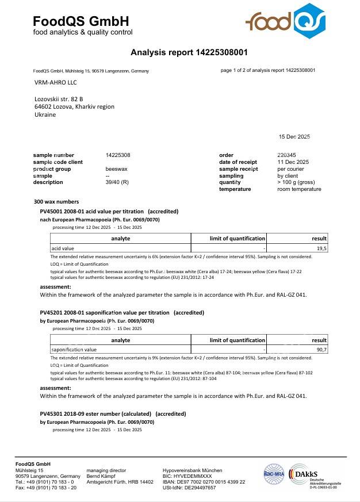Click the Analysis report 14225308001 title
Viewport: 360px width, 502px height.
click(189, 52)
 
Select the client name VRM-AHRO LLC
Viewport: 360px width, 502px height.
click(55, 82)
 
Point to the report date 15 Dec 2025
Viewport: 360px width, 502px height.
click(294, 136)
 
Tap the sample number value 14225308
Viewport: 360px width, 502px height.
click(118, 155)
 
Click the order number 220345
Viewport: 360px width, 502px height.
click(286, 155)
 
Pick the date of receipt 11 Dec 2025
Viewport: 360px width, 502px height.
click(293, 162)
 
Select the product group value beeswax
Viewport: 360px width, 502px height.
click(117, 169)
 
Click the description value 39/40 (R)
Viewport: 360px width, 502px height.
click(117, 182)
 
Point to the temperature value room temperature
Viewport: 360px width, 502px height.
click(299, 189)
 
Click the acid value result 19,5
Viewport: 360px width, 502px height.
click(321, 248)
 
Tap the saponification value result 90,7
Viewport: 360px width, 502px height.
click(321, 350)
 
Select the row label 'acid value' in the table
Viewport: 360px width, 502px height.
click(63, 248)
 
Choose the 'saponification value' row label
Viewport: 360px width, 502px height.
click(74, 350)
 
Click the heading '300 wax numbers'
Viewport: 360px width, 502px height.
click(56, 202)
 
